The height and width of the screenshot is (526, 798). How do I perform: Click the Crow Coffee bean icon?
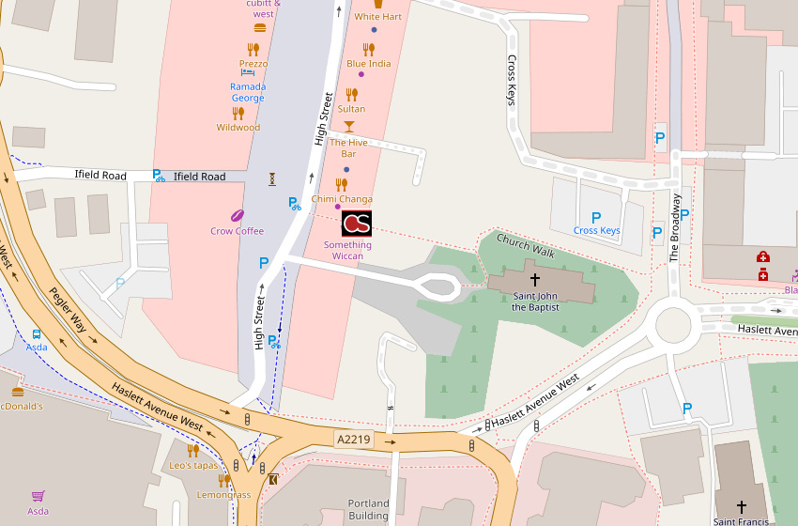click(x=238, y=215)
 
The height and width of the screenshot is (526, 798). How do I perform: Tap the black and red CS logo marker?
click(x=356, y=223)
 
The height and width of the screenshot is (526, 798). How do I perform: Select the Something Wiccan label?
click(x=347, y=250)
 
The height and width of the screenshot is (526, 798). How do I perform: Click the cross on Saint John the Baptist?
click(x=535, y=279)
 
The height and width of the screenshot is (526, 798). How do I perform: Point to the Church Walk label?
click(x=526, y=246)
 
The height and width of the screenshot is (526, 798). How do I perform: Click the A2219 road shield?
click(x=354, y=439)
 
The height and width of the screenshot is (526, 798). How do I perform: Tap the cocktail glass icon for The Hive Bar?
click(x=349, y=126)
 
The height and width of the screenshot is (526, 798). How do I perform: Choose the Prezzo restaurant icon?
click(x=253, y=49)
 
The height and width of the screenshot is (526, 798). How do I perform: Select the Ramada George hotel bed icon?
click(x=247, y=72)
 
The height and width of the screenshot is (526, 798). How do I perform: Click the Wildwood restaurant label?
click(x=238, y=128)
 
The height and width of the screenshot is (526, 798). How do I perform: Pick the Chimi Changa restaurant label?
click(x=342, y=199)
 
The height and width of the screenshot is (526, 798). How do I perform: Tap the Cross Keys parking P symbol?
click(x=596, y=217)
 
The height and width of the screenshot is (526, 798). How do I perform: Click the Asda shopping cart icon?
click(x=38, y=495)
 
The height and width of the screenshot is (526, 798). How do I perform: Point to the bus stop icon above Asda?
click(x=37, y=333)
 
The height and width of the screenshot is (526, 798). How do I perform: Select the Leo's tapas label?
click(x=193, y=466)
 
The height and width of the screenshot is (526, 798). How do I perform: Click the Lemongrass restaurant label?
click(x=223, y=495)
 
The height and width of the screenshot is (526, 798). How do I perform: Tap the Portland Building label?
click(x=368, y=509)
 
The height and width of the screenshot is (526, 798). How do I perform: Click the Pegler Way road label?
click(x=69, y=310)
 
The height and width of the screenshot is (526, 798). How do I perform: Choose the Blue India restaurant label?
click(x=369, y=64)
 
